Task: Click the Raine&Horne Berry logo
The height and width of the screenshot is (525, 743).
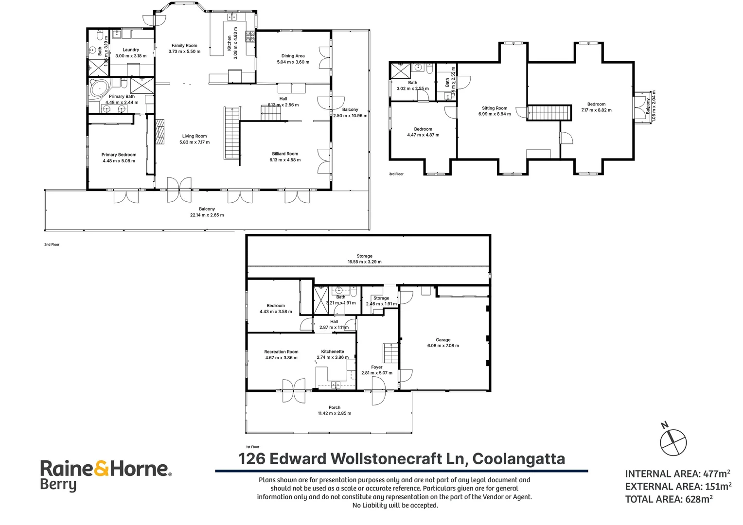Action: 106,475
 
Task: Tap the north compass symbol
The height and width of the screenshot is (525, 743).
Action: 672,441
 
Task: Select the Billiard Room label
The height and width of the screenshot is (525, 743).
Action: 285,154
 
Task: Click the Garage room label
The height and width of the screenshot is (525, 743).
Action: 442,340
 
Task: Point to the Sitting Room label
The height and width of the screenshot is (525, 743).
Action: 495,108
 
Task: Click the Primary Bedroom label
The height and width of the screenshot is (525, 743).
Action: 119,155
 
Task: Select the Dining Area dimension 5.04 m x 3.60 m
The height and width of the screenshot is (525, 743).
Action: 293,62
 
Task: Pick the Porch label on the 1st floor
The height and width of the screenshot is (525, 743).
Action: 335,407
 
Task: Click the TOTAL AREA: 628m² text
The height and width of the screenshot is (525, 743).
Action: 669,499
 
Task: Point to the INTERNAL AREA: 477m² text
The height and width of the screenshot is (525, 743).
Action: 677,474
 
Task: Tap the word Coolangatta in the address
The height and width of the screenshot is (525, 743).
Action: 518,459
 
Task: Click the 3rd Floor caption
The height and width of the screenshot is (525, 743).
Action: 396,174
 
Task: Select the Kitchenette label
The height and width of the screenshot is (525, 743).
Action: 333,351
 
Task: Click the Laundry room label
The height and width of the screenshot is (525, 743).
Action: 131,50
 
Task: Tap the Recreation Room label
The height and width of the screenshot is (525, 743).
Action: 281,351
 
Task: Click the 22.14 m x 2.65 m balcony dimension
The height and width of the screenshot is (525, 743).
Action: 207,215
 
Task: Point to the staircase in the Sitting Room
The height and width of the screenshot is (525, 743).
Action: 548,112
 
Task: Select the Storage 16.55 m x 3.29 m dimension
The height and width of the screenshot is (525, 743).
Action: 364,262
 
